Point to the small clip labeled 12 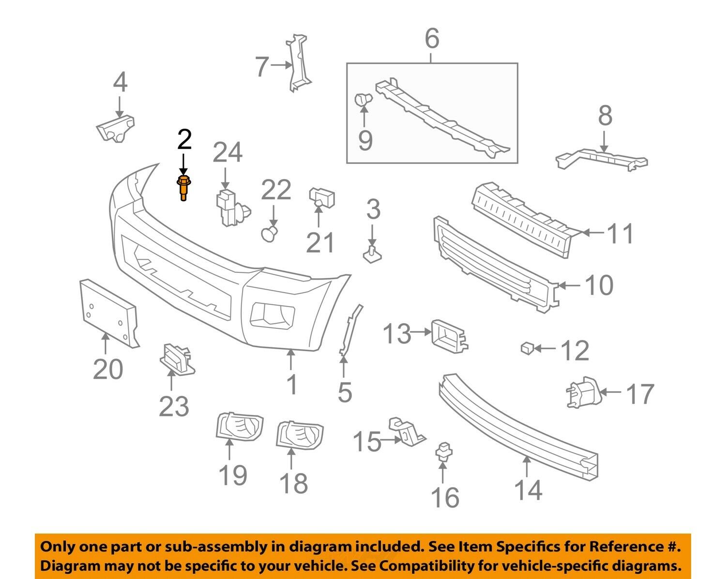526,348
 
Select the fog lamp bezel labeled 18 299,435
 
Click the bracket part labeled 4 115,129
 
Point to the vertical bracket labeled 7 298,63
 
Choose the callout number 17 640,394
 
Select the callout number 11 620,233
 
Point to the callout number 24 227,152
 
